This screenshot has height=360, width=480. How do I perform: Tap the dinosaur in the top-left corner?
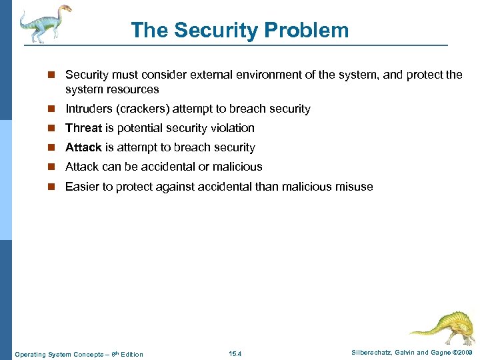click(43, 23)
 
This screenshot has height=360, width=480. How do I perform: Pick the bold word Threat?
click(83, 128)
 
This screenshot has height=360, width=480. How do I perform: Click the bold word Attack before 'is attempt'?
click(83, 147)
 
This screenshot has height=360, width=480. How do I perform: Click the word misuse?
click(353, 187)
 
